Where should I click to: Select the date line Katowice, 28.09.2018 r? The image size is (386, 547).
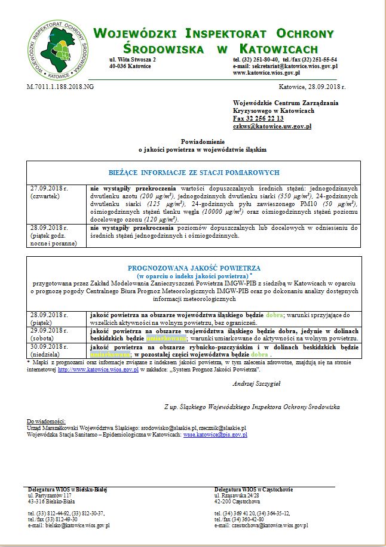tap(313, 87)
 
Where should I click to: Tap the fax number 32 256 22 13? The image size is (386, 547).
tap(258, 119)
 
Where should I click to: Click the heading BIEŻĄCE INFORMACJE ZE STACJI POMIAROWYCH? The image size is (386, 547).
tap(194, 172)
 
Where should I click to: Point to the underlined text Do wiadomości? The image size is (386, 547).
tap(47, 422)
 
